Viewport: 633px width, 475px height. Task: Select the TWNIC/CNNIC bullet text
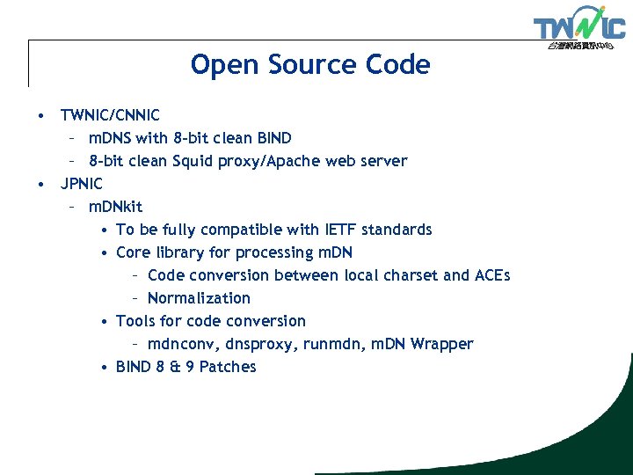[x=110, y=115]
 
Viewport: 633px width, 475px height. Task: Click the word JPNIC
[x=81, y=184]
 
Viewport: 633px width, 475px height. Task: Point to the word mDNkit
[x=115, y=207]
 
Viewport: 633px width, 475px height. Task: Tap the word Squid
[x=193, y=161]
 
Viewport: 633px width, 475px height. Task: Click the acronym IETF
[x=336, y=230]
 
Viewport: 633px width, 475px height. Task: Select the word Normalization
[x=199, y=298]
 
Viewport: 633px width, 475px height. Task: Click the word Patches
[x=228, y=367]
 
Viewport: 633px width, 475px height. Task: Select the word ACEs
[x=492, y=275]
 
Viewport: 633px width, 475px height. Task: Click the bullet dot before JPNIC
[x=40, y=184]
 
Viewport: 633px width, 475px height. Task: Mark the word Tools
[x=136, y=321]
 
